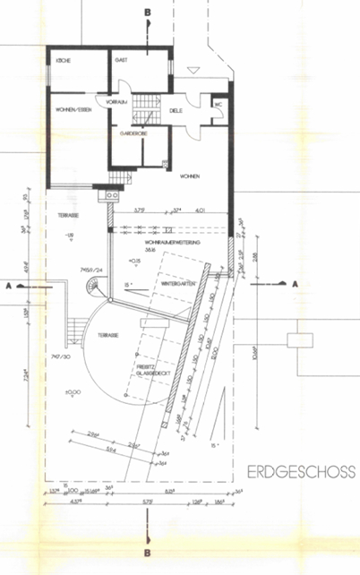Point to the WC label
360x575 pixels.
tap(218, 104)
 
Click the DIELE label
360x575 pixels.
tap(176, 111)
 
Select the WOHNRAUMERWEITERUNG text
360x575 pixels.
tap(170, 243)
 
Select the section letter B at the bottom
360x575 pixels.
tap(147, 554)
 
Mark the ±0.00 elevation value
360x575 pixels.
tap(73, 390)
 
